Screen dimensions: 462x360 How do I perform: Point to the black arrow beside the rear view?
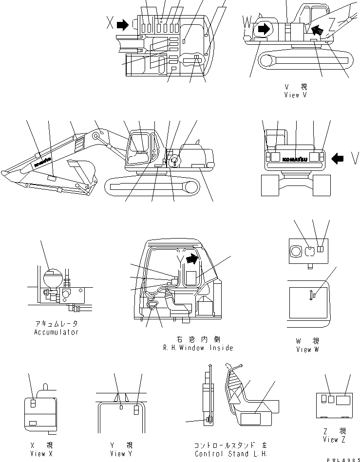[338, 158]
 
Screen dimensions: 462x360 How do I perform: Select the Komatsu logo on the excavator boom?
[43, 162]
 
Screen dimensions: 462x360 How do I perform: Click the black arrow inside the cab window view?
[193, 259]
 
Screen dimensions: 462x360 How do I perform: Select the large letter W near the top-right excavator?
[248, 22]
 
